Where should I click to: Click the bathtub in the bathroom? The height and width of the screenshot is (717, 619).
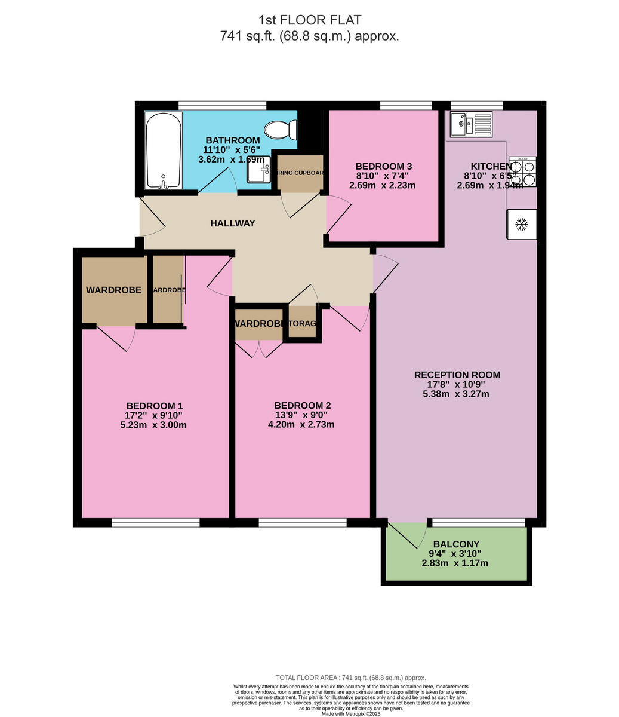point(163,149)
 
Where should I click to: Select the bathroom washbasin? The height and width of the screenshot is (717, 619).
point(258,173)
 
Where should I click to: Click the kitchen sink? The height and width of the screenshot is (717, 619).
point(471,124)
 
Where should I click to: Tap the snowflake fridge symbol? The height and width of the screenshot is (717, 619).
point(522,225)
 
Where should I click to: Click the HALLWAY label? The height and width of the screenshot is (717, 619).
point(233,223)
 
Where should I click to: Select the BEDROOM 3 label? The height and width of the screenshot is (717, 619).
point(383,166)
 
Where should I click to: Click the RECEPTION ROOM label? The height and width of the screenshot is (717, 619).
point(457,375)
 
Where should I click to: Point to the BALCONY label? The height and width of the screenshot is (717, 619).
point(456,544)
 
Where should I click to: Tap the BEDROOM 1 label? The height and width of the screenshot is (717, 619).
point(154,406)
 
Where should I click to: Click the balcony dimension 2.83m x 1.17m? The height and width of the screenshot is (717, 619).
point(456,563)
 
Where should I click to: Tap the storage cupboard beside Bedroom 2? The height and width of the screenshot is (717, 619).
point(302,323)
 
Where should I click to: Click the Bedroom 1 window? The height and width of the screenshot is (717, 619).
point(155,523)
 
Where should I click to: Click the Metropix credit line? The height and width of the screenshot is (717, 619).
point(351,713)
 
